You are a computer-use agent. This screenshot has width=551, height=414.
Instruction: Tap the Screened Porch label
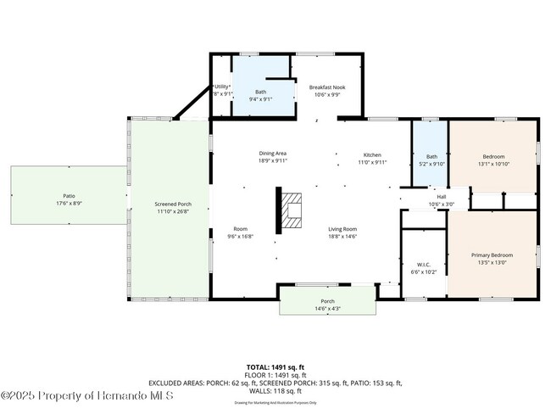(x=172, y=204)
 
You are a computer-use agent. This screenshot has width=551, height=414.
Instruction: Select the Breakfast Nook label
(x=326, y=87)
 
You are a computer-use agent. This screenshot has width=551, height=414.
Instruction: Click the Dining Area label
(x=273, y=153)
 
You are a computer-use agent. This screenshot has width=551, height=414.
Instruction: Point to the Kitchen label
(x=372, y=154)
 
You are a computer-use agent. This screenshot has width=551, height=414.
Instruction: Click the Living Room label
(x=343, y=229)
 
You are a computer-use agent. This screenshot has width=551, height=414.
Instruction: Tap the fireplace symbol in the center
(x=292, y=210)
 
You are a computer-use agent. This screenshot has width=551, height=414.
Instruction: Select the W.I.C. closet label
(x=414, y=264)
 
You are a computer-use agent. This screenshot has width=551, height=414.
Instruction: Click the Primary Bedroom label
(x=492, y=255)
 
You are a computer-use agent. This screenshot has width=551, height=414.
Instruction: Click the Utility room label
(x=220, y=87)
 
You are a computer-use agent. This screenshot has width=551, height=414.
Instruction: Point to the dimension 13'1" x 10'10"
(x=493, y=164)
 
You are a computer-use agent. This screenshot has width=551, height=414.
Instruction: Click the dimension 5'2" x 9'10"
(x=431, y=164)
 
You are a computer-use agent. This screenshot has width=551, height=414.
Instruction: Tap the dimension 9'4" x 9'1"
(x=261, y=98)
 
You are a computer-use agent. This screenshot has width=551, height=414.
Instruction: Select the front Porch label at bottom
(x=327, y=301)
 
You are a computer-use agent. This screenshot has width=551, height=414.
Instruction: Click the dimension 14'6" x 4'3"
(x=327, y=309)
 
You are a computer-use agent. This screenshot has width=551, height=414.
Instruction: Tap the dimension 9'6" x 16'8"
(x=241, y=237)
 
